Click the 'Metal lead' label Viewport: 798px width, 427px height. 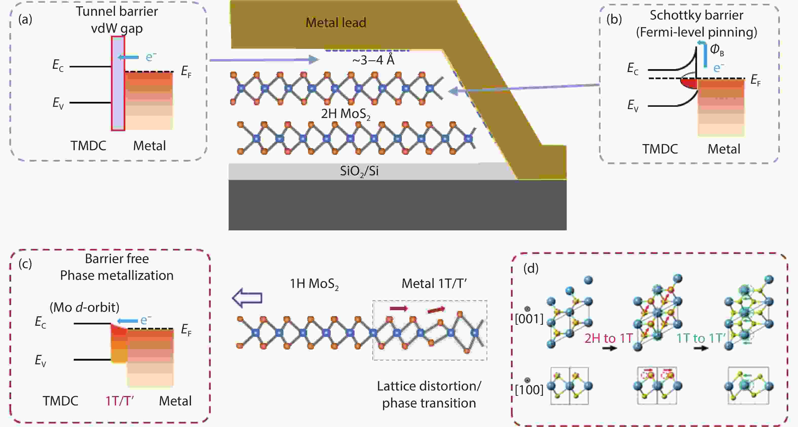click(336, 22)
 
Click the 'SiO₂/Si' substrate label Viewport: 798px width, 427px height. click(359, 171)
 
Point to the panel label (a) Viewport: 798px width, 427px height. click(25, 19)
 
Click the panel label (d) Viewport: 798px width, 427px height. click(531, 268)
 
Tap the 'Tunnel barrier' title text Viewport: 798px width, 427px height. click(117, 11)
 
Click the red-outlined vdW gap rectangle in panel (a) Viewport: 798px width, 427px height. click(118, 83)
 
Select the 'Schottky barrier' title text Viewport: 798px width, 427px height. click(696, 15)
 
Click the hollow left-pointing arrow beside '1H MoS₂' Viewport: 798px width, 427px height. click(247, 298)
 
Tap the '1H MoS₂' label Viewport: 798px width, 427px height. click(314, 284)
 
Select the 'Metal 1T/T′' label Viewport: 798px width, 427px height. click(434, 283)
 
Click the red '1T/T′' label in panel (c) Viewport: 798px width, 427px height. click(120, 401)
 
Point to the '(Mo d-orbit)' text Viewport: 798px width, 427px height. click(85, 307)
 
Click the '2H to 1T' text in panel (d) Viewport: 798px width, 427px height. click(609, 338)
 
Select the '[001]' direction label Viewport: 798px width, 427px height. click(529, 319)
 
